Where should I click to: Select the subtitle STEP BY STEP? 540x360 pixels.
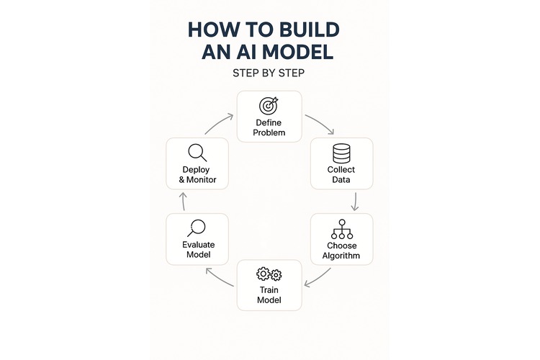(x=270, y=73)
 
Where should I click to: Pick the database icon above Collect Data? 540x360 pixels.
(x=341, y=153)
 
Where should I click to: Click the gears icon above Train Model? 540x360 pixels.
(x=269, y=274)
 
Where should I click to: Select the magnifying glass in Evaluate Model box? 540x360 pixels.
(x=197, y=228)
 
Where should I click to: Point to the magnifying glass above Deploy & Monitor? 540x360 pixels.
(x=197, y=153)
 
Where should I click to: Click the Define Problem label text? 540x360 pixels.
(x=269, y=127)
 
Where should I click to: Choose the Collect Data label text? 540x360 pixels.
(x=341, y=175)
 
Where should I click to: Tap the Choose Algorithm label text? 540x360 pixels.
(x=341, y=251)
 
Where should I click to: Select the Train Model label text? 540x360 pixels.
(x=269, y=294)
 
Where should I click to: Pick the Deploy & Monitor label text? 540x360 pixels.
(x=197, y=174)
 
